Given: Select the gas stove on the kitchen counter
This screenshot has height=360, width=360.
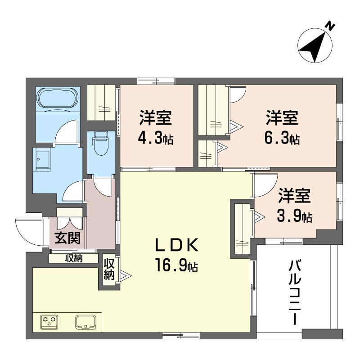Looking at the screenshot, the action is tap(49, 322).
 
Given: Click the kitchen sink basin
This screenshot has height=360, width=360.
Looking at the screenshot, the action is tap(85, 322).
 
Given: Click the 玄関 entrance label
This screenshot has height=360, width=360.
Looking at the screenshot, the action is tap(67, 238).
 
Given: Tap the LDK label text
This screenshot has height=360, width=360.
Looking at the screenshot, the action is tap(177, 245).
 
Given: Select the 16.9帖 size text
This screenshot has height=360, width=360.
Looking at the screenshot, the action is tap(176, 265).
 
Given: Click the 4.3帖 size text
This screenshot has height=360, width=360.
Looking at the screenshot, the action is tap(155, 138).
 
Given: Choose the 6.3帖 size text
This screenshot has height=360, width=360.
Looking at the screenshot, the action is tap(282, 138).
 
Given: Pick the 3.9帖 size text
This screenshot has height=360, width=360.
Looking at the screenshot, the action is tap(295, 216).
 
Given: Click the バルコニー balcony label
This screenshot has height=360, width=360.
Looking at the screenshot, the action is tap(295, 293).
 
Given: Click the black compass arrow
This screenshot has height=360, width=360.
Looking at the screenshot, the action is tap(315, 47).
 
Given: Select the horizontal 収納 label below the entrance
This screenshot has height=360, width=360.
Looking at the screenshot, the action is tap(74, 258).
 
